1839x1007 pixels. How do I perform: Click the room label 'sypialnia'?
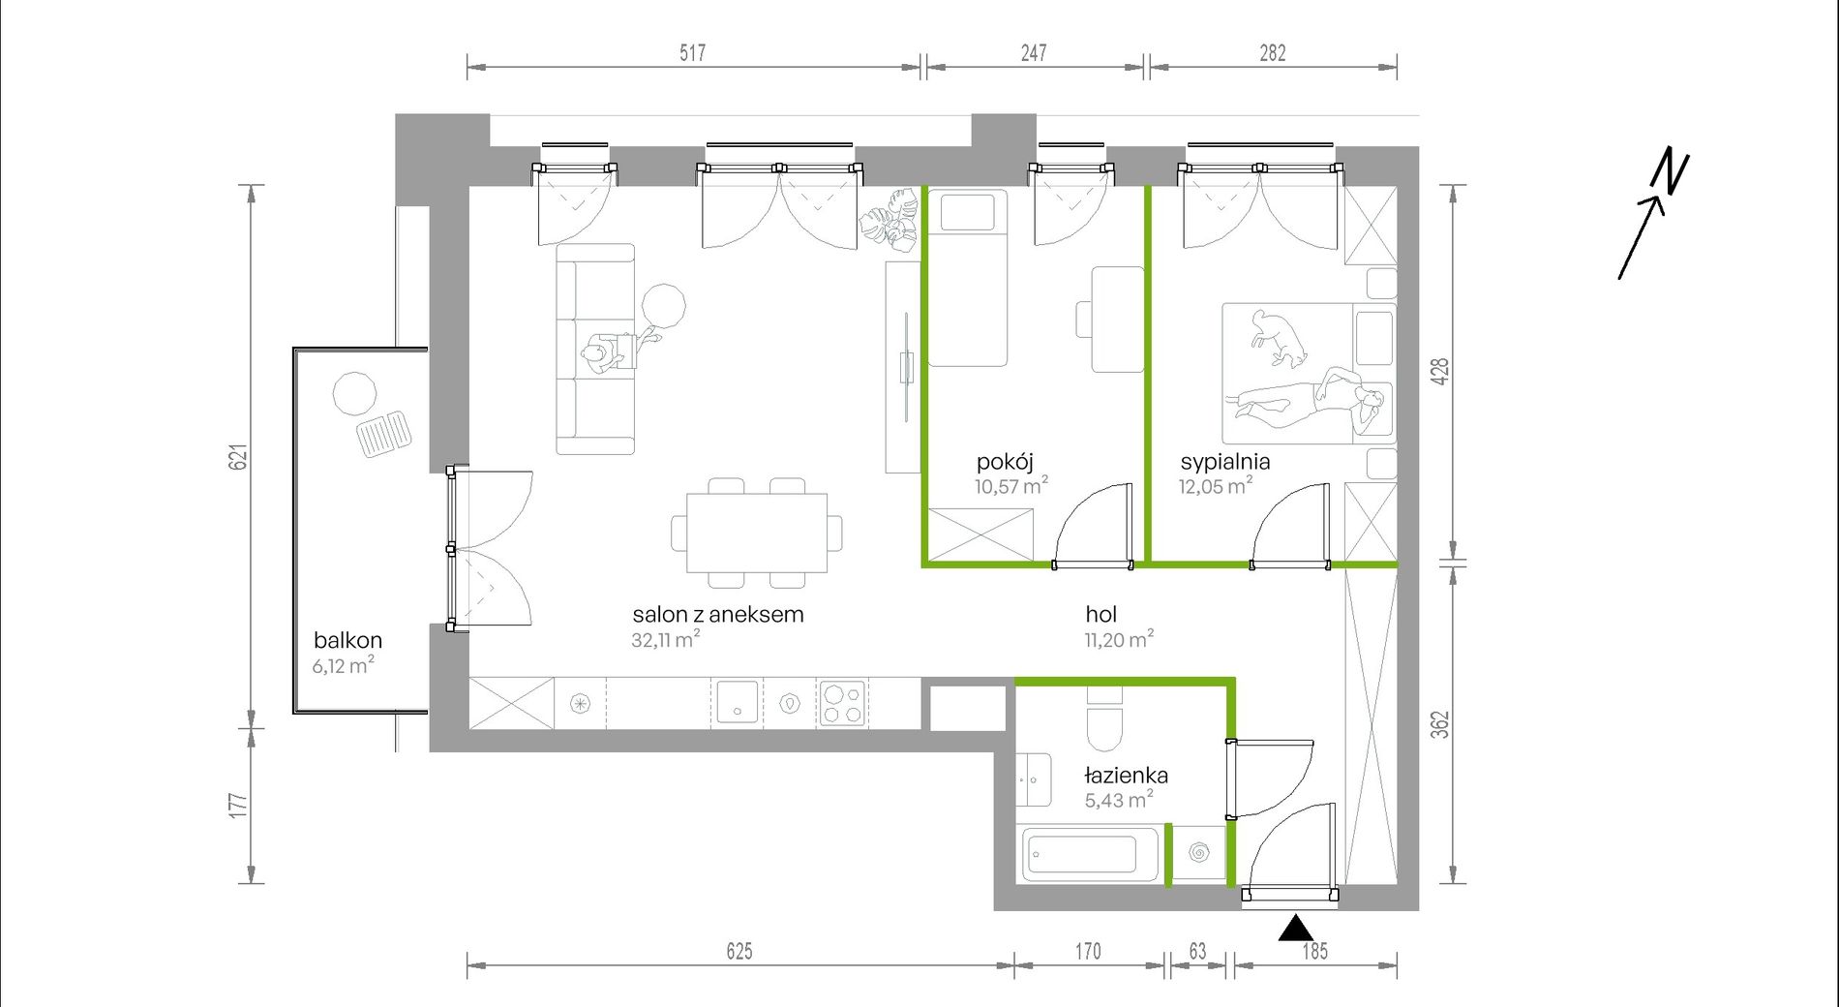tap(1224, 463)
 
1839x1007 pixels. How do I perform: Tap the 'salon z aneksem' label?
tap(718, 614)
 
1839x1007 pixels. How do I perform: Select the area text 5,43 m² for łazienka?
tap(1119, 799)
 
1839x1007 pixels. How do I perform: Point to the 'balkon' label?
tap(347, 640)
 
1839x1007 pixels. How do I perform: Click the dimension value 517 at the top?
tap(693, 52)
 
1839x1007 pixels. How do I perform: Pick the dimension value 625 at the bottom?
tap(739, 951)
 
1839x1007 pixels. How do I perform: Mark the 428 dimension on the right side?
tap(1439, 372)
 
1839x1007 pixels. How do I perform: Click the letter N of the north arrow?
tap(1671, 171)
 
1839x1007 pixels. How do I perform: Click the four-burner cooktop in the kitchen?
tap(842, 704)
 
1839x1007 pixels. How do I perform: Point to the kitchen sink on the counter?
tap(737, 704)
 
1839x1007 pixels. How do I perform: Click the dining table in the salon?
tap(757, 534)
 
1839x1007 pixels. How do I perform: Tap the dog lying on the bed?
tap(1278, 338)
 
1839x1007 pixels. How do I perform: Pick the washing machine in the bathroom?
tap(1199, 853)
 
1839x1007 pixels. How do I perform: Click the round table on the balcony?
tap(355, 394)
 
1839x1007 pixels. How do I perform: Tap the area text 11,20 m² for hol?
tap(1119, 639)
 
